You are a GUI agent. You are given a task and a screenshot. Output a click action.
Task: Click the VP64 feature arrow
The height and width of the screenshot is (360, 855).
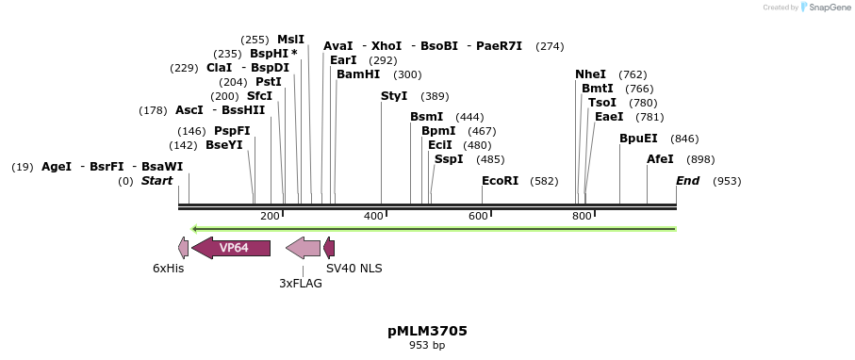[231, 248]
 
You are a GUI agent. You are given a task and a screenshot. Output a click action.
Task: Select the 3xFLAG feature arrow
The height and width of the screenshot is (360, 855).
[303, 248]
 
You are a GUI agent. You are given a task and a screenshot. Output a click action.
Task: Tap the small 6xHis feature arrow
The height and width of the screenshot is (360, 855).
[183, 248]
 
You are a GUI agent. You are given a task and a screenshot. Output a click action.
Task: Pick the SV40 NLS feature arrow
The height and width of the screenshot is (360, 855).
[329, 248]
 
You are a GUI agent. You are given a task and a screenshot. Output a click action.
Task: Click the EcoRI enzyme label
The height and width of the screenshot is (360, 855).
[500, 180]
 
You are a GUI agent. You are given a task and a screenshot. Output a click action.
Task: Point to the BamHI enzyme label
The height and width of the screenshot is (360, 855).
[358, 74]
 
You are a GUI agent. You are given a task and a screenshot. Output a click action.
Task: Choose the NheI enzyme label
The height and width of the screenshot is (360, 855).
[591, 74]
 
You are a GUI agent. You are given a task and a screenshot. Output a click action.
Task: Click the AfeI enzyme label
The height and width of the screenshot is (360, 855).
[660, 159]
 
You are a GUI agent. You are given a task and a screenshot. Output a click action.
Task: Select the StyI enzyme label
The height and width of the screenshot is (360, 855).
[394, 96]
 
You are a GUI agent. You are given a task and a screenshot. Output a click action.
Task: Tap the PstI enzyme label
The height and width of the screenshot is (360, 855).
[269, 82]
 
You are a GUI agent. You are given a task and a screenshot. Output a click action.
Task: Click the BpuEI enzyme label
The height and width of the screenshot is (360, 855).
[638, 139]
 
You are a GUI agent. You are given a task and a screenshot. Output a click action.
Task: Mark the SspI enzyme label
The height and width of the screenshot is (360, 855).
[449, 159]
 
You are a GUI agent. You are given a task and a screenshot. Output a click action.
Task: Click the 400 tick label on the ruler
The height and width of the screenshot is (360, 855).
[373, 217]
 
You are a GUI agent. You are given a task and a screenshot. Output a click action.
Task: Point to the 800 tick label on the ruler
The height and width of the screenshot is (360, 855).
[582, 217]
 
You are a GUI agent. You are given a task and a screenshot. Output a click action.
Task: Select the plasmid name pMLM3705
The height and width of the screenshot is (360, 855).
[427, 331]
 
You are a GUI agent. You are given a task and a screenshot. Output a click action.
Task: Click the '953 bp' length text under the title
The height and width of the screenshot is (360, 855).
[427, 346]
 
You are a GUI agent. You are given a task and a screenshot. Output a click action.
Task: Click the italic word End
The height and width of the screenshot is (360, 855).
[688, 180]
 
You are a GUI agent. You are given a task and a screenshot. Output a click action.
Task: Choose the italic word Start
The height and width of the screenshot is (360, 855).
[156, 180]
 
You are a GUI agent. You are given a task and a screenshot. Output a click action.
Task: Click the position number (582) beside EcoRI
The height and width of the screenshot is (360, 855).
[544, 180]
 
